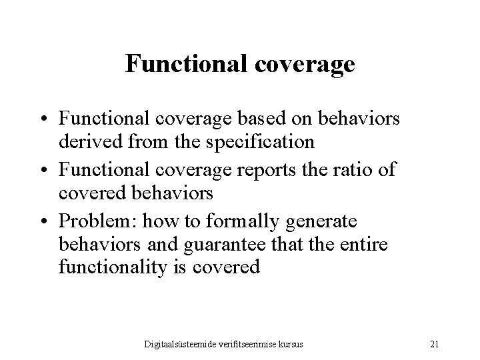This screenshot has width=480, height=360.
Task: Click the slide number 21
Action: click(x=435, y=343)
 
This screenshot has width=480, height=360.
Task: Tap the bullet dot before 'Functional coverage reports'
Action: click(x=50, y=169)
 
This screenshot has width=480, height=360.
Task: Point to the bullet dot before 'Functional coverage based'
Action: click(x=50, y=119)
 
